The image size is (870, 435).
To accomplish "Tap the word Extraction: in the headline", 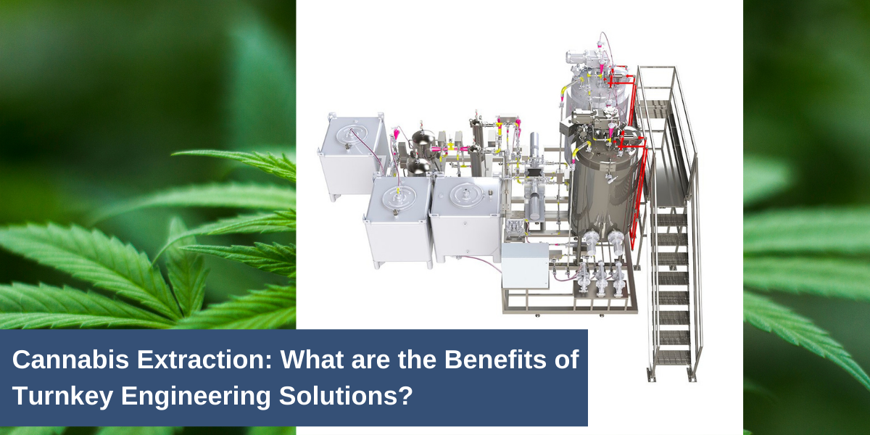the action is tap(204, 360).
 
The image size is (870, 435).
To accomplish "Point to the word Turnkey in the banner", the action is tap(63, 397).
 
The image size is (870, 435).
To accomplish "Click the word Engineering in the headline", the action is tap(196, 397).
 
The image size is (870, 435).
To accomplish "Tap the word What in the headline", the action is tap(312, 360).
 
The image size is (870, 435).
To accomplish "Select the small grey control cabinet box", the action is tap(525, 265).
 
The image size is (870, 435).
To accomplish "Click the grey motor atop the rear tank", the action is tap(579, 58).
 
